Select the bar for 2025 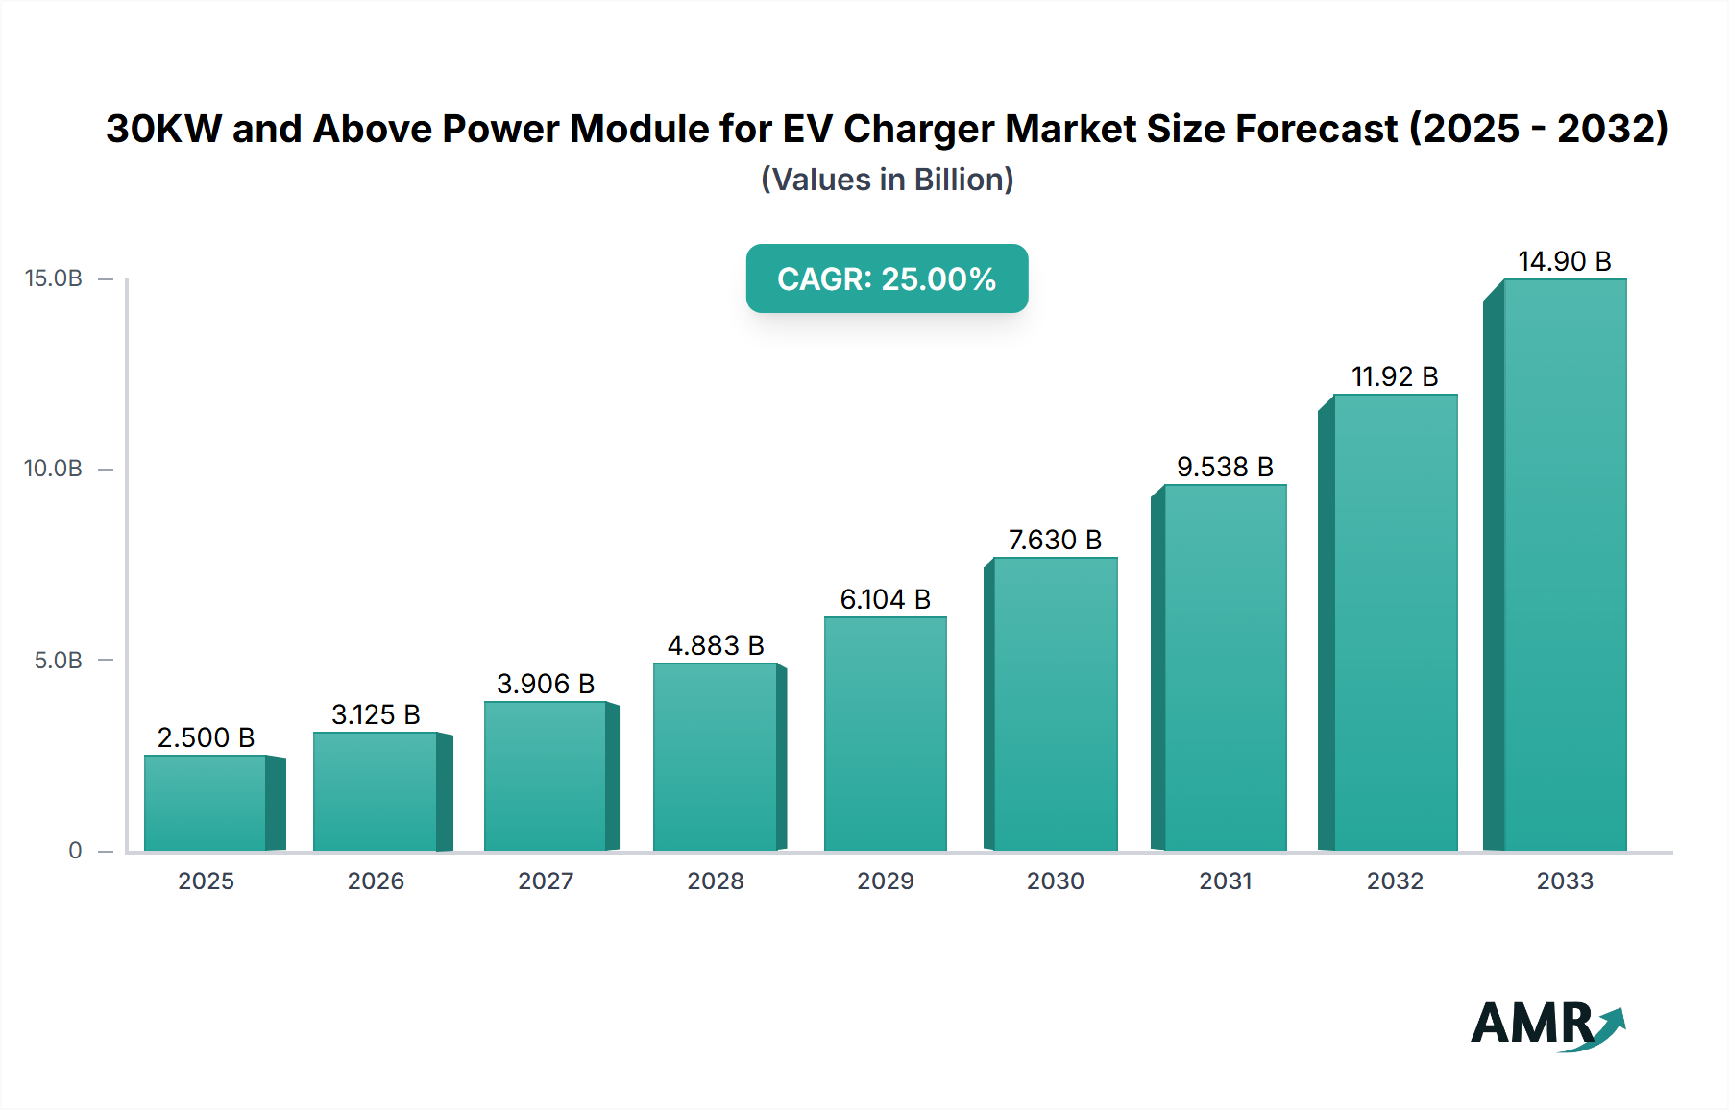(206, 803)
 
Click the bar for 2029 (885, 734)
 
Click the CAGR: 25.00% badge (887, 278)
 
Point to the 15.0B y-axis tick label (54, 278)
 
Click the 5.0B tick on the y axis (58, 661)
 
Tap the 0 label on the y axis (75, 851)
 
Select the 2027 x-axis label (546, 881)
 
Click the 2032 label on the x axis (1395, 881)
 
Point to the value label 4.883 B (716, 645)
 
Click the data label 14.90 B (1564, 261)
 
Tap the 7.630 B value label (1055, 540)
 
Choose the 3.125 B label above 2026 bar (376, 714)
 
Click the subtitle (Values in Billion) (887, 180)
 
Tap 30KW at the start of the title (163, 129)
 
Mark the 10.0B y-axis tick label (54, 469)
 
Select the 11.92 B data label (1395, 376)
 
